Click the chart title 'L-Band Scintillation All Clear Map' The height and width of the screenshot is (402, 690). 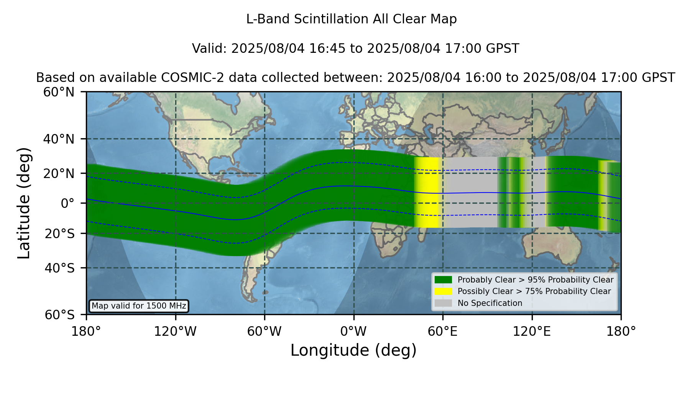point(352,19)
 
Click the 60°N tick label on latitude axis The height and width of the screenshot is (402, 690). point(59,92)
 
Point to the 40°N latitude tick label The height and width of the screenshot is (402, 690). point(59,139)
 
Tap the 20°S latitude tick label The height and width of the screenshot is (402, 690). point(60,234)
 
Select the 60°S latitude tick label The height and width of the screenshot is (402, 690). point(60,315)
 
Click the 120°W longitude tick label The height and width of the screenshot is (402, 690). point(175,332)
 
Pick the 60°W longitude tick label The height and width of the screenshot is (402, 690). point(264,332)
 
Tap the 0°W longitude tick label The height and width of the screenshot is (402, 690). point(354,332)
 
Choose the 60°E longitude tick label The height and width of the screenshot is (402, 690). point(443,332)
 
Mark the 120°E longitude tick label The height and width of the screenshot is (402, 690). point(532,332)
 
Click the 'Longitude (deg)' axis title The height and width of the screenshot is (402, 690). point(353,351)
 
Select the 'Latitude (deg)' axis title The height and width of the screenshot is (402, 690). point(24,203)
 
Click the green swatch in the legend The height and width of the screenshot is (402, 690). point(444,279)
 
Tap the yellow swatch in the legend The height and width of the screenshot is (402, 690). point(444,291)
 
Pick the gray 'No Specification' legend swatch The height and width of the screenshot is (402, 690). point(444,303)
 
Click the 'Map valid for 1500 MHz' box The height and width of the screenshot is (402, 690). point(139,306)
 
